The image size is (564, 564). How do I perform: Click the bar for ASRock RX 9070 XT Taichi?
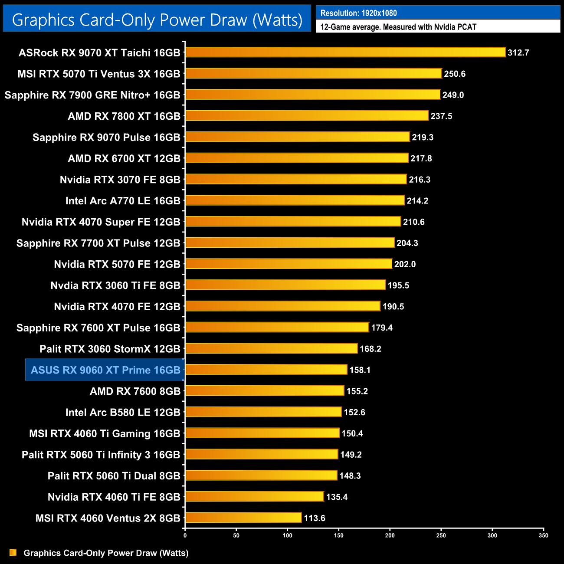pos(345,52)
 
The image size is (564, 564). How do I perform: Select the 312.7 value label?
pos(518,52)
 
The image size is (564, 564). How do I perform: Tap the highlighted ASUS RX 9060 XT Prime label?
pos(105,370)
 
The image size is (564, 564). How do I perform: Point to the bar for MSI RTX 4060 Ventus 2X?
pos(243,518)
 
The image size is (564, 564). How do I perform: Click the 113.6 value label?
pos(315,518)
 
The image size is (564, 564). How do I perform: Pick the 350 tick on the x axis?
pos(544,535)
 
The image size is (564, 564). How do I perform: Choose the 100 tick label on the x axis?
pos(288,535)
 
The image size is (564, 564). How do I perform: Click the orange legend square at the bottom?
pos(13,552)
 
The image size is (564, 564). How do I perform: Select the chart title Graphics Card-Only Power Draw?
pos(157,20)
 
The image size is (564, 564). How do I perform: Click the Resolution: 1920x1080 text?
pos(359,13)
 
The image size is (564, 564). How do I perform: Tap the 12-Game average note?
pos(398,27)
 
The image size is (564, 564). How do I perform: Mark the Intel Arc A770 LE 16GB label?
pos(123,201)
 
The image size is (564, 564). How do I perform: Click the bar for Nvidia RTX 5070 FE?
pos(289,264)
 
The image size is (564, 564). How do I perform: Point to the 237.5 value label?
pos(441,116)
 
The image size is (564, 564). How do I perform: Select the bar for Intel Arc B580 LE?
pos(263,412)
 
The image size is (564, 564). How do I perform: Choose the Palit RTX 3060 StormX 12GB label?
pos(110,349)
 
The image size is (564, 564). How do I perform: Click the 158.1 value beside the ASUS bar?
pos(360,370)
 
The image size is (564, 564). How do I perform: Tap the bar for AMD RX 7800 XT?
pos(307,116)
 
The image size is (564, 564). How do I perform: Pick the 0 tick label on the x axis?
pos(185,535)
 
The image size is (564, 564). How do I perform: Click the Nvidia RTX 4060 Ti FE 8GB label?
pos(114,497)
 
